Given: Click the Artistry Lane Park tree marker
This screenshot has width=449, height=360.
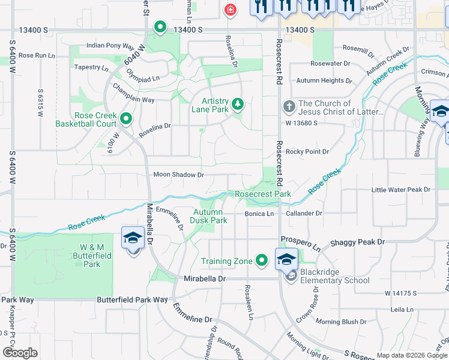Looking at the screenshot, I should (x=238, y=104).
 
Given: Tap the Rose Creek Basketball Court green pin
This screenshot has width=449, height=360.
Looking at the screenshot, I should (x=125, y=118).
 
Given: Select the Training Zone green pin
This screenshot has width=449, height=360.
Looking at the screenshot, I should (x=261, y=260).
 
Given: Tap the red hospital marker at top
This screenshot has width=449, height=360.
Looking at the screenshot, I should (x=229, y=10).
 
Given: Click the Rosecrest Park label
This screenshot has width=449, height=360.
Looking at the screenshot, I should (x=262, y=194).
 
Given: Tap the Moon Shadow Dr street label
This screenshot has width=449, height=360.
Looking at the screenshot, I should (x=179, y=175).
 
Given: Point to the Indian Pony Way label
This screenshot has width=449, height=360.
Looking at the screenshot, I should (x=110, y=45).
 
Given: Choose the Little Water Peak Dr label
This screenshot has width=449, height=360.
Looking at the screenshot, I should (x=401, y=190).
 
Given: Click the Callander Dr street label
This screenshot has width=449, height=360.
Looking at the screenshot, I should (x=304, y=213).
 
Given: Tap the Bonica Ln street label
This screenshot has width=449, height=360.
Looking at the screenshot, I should (x=259, y=214).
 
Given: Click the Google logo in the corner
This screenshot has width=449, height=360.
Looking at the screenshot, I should (x=20, y=353).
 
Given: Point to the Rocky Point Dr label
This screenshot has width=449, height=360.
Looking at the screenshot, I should (x=307, y=152).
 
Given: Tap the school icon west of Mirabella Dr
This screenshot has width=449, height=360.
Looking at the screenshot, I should (x=133, y=239).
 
